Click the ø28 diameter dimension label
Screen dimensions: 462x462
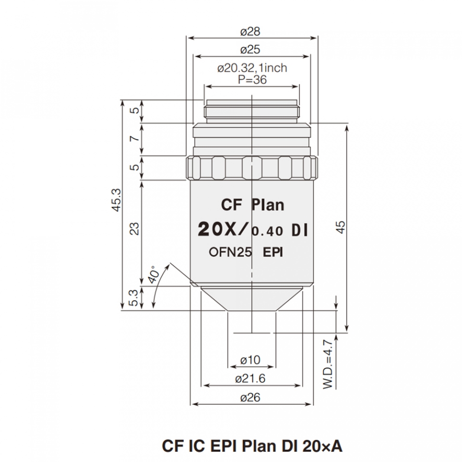[250, 32]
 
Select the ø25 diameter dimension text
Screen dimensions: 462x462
[250, 50]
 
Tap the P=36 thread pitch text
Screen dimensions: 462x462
[252, 79]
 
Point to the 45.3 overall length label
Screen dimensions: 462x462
[116, 200]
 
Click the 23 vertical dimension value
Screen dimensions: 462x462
[134, 228]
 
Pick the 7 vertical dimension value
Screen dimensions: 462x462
[135, 138]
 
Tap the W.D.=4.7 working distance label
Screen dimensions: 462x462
[328, 364]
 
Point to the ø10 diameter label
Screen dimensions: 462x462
[250, 360]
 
